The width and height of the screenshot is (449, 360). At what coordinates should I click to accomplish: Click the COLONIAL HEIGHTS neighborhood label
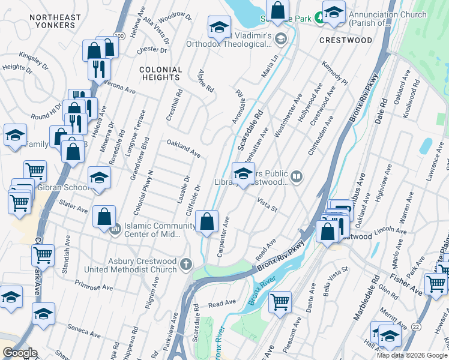coord(160,74)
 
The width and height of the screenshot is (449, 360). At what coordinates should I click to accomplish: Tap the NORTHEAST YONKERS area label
coord(47,21)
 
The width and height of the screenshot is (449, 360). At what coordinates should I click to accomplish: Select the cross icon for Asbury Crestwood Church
coord(187,264)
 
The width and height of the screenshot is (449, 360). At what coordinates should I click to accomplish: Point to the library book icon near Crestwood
coord(296,176)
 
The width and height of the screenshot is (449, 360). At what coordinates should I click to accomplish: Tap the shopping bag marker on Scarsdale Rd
coord(207,221)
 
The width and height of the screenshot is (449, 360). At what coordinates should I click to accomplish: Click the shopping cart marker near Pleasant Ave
coord(280,301)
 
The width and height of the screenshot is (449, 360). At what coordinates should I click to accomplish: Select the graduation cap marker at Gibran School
coord(99,178)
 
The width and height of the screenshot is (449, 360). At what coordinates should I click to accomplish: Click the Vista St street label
coord(267,204)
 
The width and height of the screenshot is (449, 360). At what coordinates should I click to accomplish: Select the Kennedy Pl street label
coord(335,72)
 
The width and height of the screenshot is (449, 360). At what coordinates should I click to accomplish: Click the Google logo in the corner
coord(20,353)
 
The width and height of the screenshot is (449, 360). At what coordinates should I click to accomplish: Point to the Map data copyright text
coord(411,355)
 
